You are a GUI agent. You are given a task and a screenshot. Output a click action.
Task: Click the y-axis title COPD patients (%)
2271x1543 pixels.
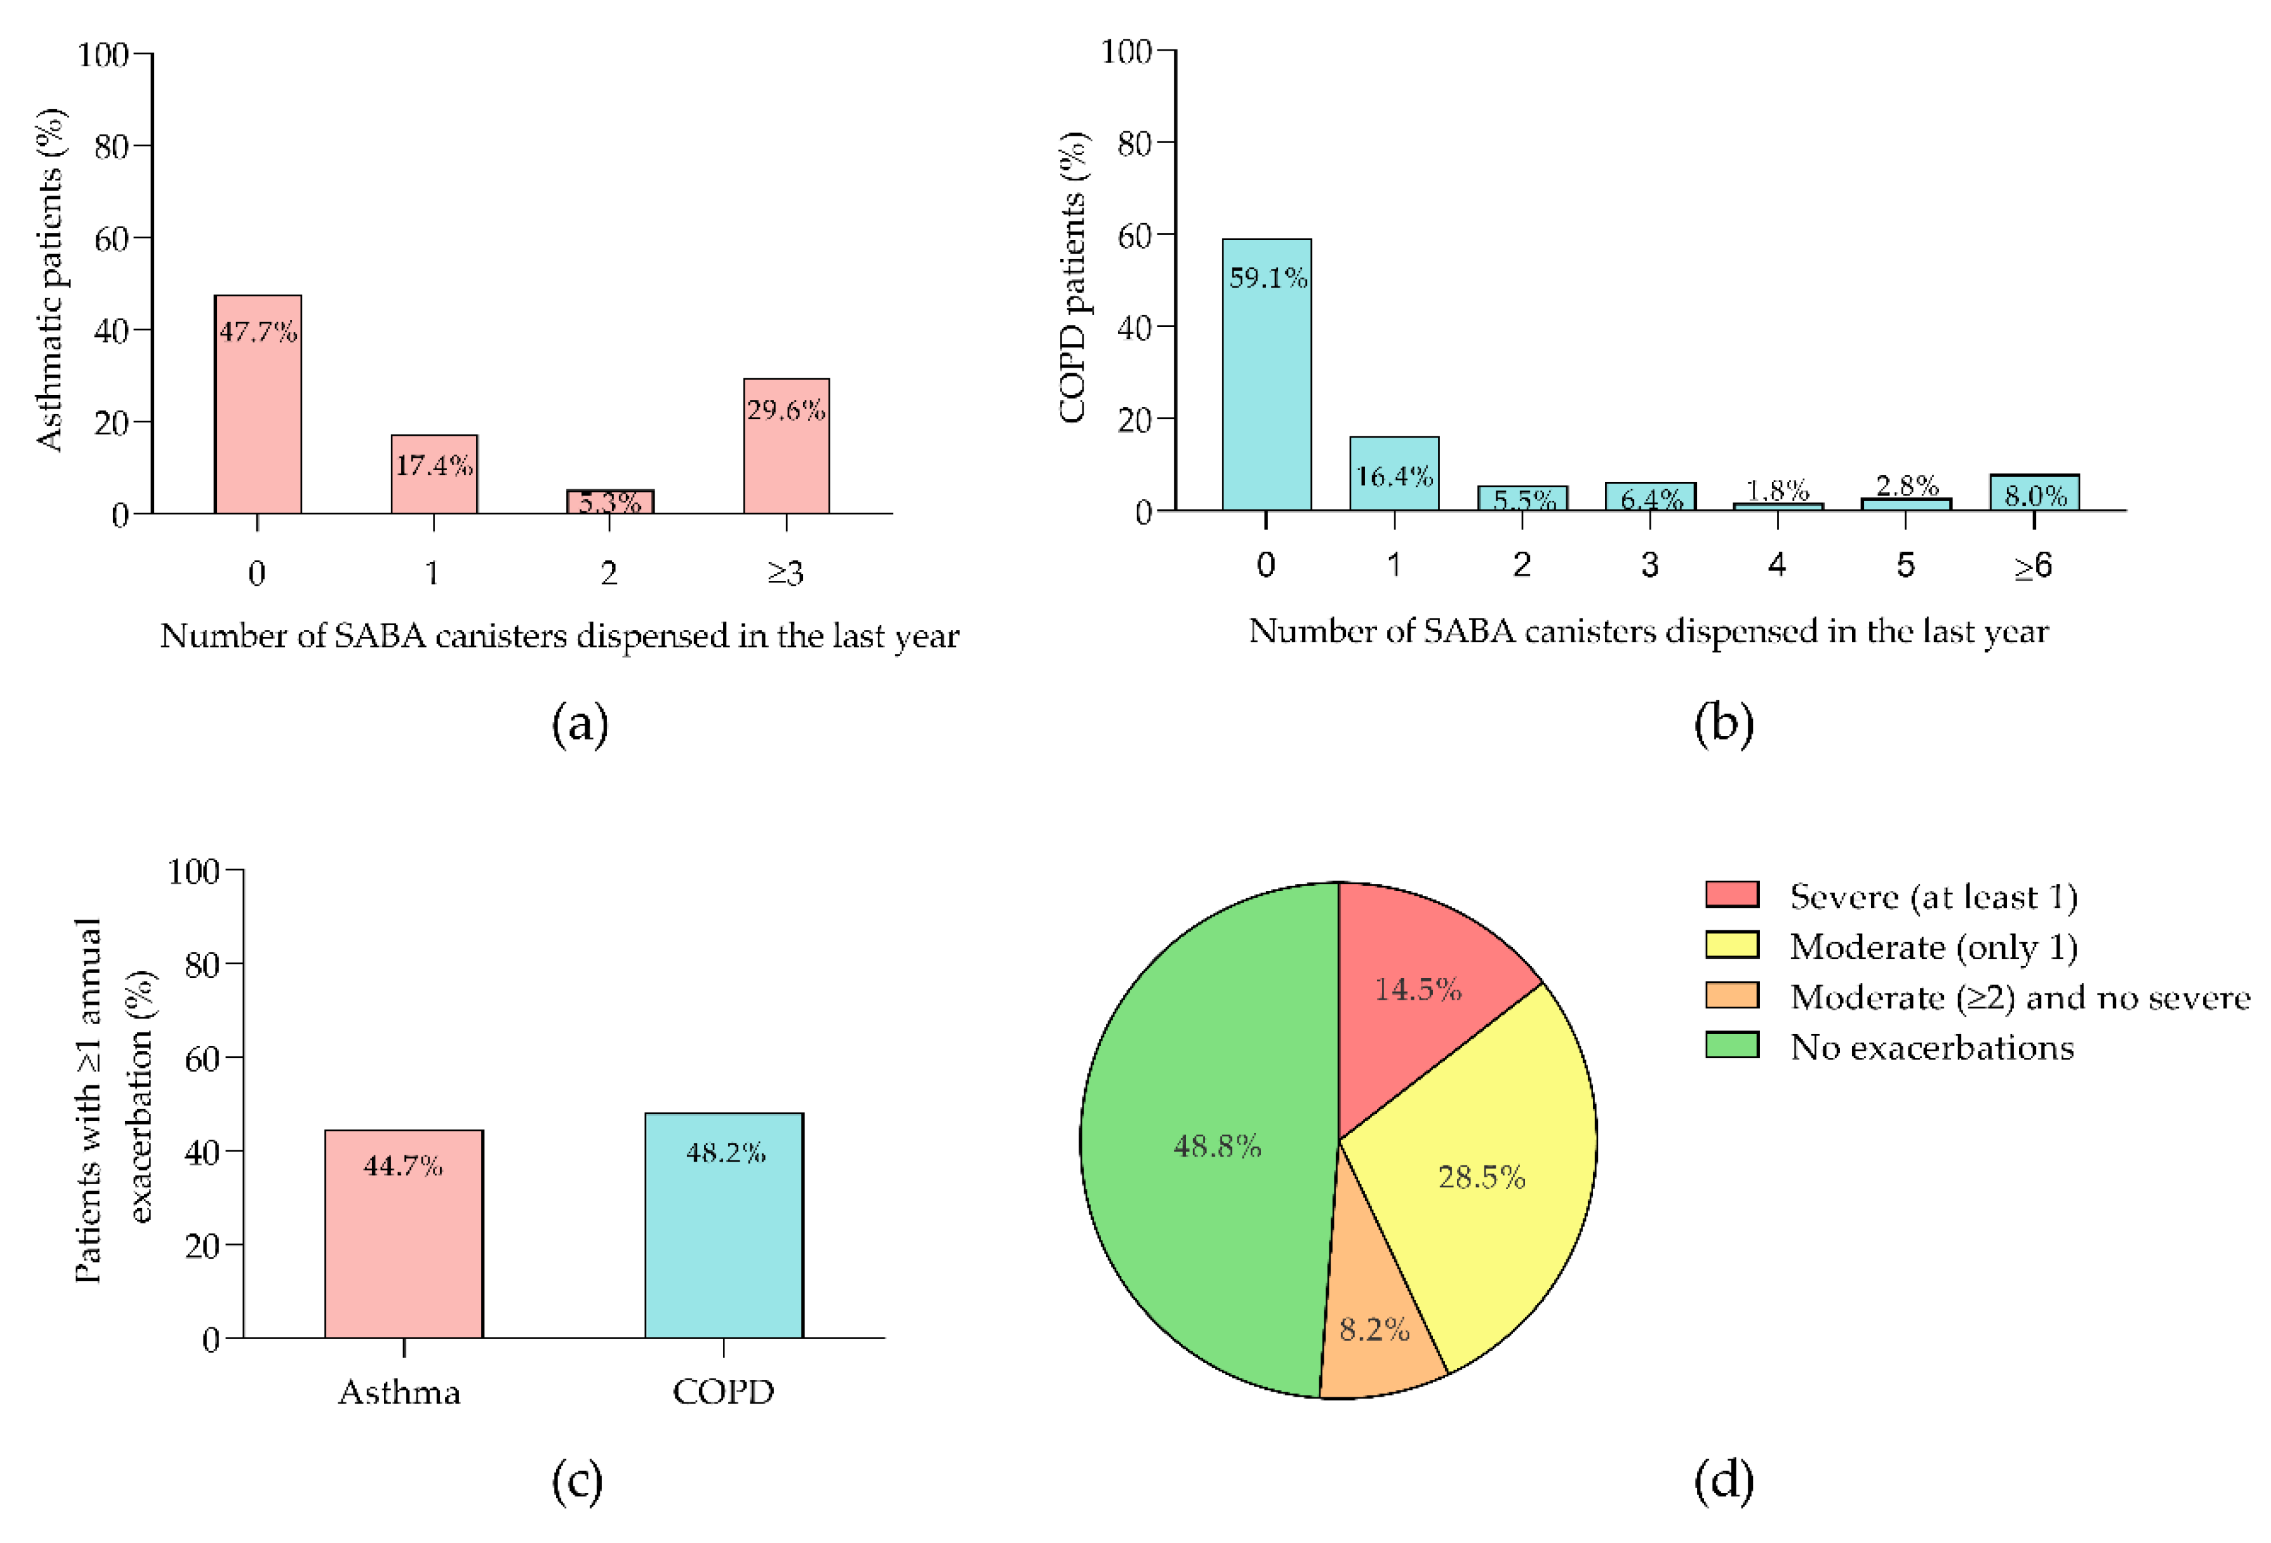click(1073, 278)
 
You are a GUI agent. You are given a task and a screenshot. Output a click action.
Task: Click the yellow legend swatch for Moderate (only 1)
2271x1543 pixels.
click(1731, 945)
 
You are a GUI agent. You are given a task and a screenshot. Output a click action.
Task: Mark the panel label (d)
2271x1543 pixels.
click(1723, 1480)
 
